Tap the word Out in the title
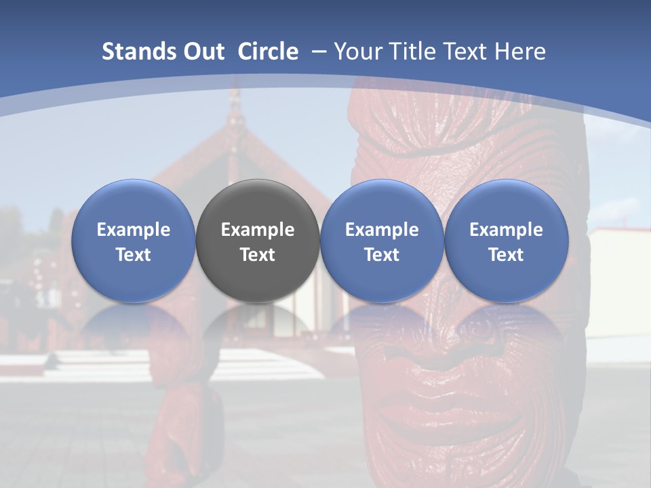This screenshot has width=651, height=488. [202, 52]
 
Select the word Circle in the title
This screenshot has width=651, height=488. [268, 52]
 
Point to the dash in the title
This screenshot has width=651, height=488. [318, 52]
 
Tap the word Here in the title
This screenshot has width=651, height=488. [519, 52]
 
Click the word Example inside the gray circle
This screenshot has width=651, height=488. [258, 230]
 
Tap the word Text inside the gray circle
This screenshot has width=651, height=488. [258, 255]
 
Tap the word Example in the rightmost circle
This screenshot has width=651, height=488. [507, 230]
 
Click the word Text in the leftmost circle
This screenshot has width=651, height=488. [134, 255]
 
